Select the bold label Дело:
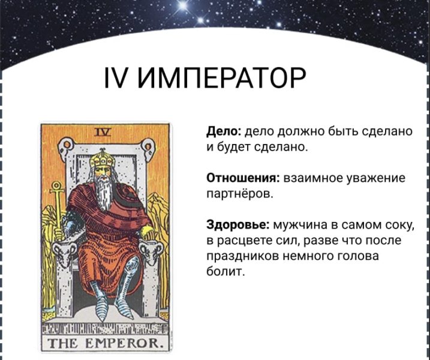[x=223, y=131]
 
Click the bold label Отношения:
[x=243, y=178]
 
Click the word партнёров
[x=240, y=194]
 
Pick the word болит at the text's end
[x=225, y=271]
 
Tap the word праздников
[x=242, y=256]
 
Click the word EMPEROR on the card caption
[x=125, y=343]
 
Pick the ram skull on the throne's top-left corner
[x=65, y=148]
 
